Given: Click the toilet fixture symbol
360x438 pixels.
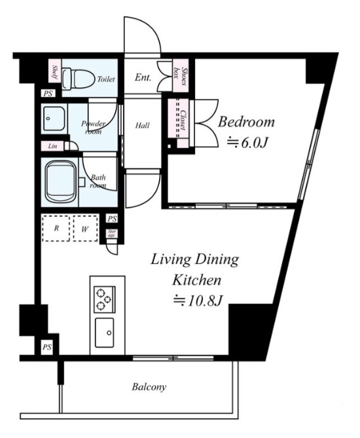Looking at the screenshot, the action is point(78,79).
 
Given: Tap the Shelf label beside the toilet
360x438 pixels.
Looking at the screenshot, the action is point(55,71).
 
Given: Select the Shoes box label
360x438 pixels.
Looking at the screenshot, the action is point(180,76).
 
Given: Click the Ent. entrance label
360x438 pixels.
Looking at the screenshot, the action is point(143,77).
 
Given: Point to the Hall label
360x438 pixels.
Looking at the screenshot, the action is point(143,126).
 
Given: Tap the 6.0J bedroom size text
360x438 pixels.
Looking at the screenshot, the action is point(247,143).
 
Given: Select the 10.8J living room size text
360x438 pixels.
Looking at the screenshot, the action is point(198,301).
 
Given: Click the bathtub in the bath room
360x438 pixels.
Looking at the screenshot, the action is point(61,182).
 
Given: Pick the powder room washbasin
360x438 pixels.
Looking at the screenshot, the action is point(55,119).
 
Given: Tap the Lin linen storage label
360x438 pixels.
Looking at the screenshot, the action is point(52,146).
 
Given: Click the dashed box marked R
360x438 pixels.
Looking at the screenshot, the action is point(56,228).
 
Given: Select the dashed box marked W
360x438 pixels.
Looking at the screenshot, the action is point(86,228).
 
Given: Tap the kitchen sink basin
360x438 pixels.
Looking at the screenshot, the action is point(105,333).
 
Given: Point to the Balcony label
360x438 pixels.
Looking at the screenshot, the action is point(149,387).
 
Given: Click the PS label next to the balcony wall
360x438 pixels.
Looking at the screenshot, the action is point(47,347).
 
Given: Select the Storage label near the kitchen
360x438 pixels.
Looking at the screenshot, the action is point(112,233).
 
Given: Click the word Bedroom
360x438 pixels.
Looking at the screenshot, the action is point(246,122).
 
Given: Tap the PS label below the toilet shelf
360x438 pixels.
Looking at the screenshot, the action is point(48,94).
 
